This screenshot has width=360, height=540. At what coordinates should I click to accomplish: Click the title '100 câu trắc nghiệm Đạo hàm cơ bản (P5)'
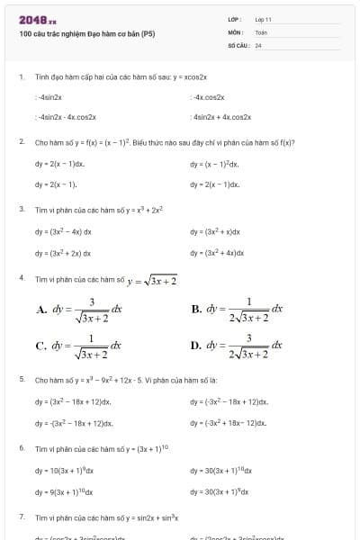coord(86,34)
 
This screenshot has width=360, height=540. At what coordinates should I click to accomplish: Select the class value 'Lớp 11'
coord(263,19)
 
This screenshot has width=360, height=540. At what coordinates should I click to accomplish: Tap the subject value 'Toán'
coord(261,31)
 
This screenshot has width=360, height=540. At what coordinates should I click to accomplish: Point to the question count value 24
coord(258,44)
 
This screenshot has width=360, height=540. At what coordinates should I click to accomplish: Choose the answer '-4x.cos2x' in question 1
coord(209,96)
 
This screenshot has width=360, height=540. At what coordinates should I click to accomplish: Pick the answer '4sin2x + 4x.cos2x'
coord(221,117)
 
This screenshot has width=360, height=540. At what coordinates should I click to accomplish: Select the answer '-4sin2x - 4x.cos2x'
coord(66,117)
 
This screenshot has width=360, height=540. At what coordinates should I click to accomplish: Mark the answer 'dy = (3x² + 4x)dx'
coord(217,253)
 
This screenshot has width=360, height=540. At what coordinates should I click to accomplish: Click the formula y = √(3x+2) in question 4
coord(152,281)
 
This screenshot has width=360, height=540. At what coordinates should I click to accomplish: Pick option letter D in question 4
coord(196,346)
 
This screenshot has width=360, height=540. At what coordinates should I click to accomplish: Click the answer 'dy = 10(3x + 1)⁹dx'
coord(64,470)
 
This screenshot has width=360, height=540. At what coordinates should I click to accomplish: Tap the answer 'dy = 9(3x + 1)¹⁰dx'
coord(64,492)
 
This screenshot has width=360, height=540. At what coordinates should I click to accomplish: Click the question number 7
coord(22,517)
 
